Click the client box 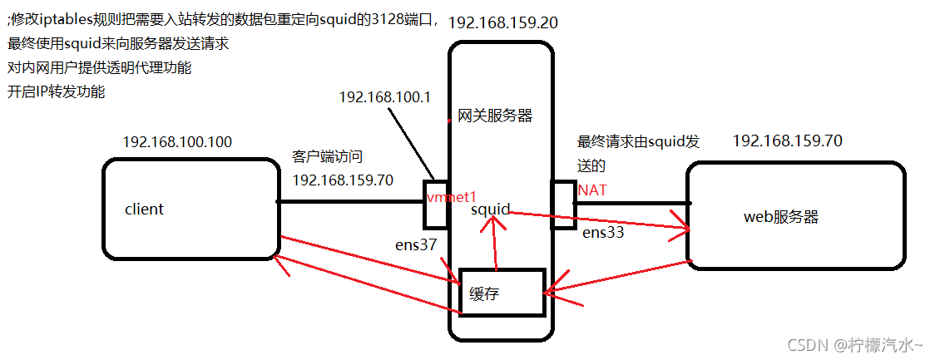tap(189, 208)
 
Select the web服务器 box tap(794, 216)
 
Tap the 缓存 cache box tap(502, 293)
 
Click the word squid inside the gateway tap(490, 210)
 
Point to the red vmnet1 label tap(450, 197)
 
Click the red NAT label tap(592, 190)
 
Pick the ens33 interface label tap(603, 233)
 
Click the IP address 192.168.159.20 tap(502, 22)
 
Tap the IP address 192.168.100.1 tap(384, 97)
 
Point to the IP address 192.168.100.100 tap(177, 143)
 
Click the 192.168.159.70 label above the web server tap(787, 141)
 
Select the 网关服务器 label tap(495, 116)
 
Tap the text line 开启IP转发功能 tap(57, 92)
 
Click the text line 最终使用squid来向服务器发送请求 tap(118, 43)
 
